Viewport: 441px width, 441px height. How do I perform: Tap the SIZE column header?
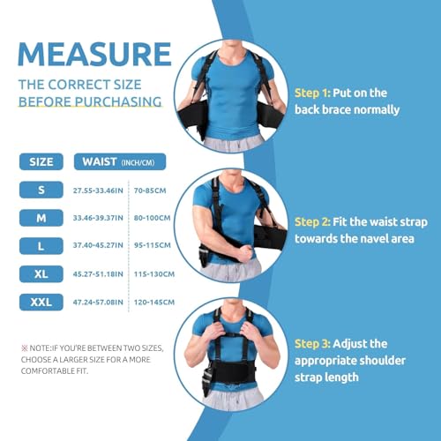[x=41, y=161]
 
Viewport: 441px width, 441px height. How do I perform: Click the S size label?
[x=41, y=189]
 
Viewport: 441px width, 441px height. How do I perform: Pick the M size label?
[x=41, y=217]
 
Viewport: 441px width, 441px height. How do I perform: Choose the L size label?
[x=41, y=246]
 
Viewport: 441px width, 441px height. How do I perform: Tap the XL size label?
[x=41, y=274]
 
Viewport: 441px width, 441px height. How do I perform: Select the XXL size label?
[x=41, y=303]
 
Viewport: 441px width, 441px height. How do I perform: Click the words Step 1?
[x=314, y=93]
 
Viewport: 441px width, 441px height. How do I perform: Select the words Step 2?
[x=314, y=221]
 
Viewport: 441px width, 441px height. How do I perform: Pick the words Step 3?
[x=314, y=345]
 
